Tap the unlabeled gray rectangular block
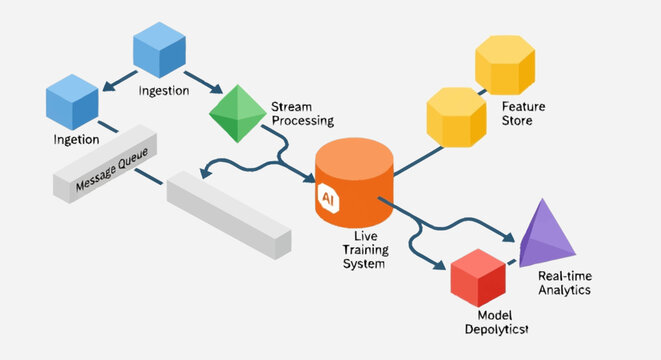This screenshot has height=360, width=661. click(x=228, y=212)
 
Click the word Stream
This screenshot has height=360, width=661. click(x=291, y=105)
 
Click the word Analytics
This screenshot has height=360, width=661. click(x=564, y=290)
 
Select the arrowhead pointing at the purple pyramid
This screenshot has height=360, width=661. click(x=509, y=239)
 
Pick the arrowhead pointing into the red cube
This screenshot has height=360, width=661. click(x=440, y=265)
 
